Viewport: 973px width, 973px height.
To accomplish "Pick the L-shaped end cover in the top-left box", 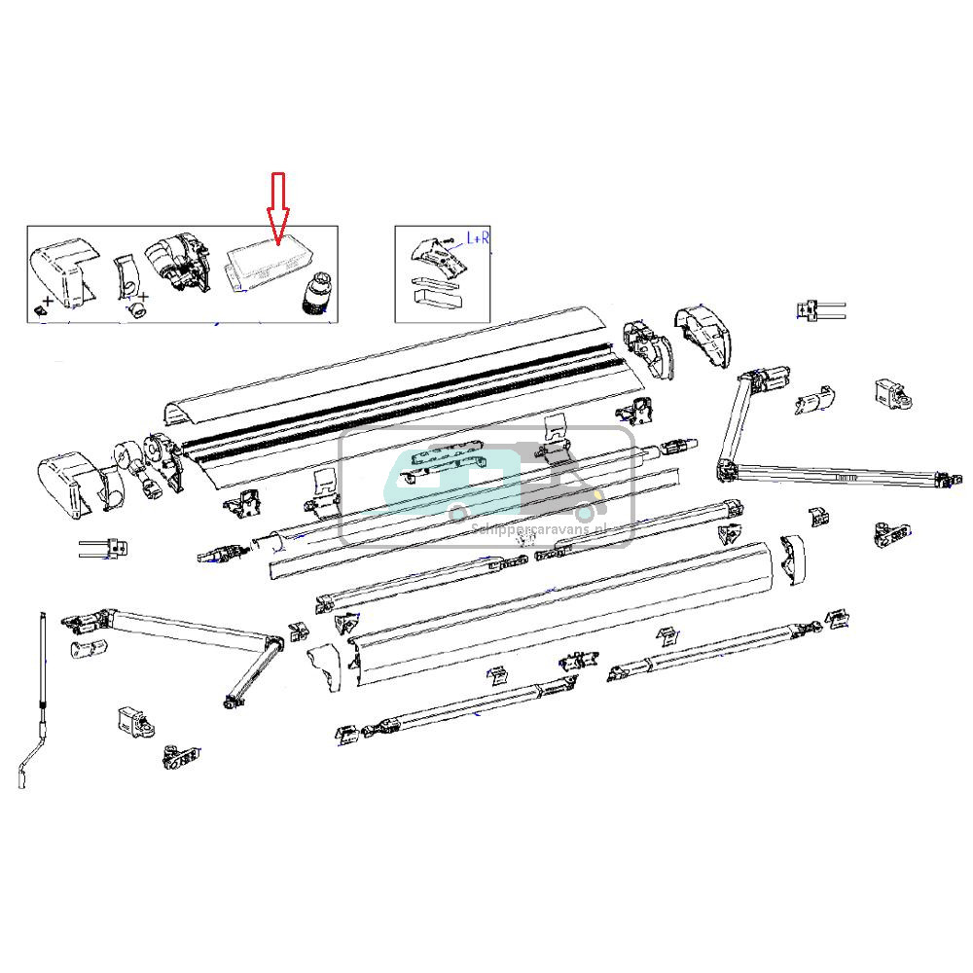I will (62, 272).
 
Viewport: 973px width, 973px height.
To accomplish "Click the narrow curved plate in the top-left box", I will (126, 277).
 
